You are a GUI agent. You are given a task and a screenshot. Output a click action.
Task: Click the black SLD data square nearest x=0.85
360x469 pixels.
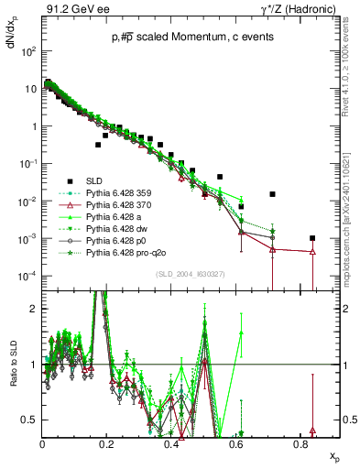313,238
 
